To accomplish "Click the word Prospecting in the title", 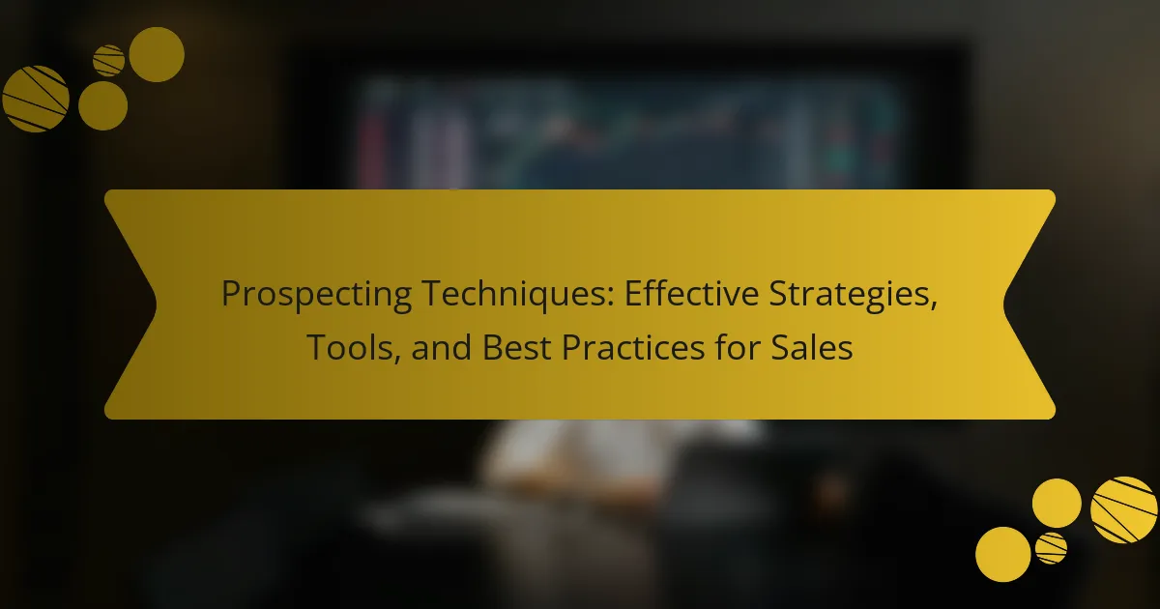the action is (x=316, y=295).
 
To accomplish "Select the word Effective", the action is (x=691, y=293).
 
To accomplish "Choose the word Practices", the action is (x=633, y=347).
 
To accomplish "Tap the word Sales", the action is (x=811, y=347).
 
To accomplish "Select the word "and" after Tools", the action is (x=441, y=347).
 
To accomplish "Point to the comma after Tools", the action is (x=396, y=360).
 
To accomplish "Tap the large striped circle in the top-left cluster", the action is (x=35, y=99).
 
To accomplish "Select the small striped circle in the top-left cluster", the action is (x=108, y=61).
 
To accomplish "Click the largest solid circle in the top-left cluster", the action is (x=157, y=54).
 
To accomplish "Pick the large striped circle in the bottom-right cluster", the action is (x=1123, y=510).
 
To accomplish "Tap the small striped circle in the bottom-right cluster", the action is (x=1052, y=548).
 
